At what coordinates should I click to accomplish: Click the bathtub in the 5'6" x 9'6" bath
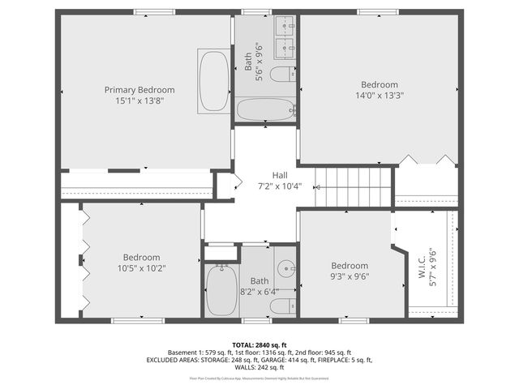pyautogui.click(x=266, y=109)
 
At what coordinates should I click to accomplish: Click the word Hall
pyautogui.click(x=280, y=175)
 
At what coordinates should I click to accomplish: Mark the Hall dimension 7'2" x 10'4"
pyautogui.click(x=280, y=186)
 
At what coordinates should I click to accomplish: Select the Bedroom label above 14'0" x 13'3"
pyautogui.click(x=380, y=84)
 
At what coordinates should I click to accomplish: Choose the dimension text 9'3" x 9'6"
pyautogui.click(x=350, y=276)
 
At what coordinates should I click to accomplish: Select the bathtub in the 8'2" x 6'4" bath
pyautogui.click(x=219, y=291)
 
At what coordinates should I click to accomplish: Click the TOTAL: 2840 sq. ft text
pyautogui.click(x=259, y=345)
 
